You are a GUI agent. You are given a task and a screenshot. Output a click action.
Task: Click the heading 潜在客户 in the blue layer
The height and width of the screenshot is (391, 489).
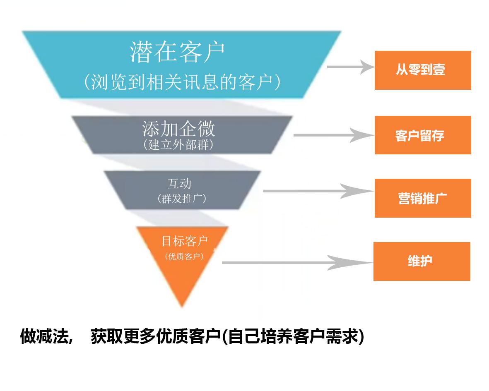(177, 52)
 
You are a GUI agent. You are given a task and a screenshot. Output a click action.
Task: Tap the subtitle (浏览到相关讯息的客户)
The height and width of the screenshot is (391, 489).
(182, 82)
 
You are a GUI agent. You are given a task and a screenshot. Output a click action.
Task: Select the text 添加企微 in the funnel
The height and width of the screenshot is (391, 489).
(178, 129)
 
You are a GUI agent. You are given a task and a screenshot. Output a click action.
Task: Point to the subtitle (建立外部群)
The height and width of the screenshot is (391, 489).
(178, 145)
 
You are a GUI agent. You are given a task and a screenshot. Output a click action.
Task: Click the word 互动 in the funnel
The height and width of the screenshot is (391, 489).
(179, 183)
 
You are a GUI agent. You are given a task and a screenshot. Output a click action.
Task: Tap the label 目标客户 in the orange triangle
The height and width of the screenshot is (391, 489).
(185, 241)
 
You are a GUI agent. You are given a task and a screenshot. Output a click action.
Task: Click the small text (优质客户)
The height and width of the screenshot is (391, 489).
(184, 257)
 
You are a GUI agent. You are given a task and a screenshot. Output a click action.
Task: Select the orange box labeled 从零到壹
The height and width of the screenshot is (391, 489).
(422, 70)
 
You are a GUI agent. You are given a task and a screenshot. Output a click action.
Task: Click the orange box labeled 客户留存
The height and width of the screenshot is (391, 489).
(422, 135)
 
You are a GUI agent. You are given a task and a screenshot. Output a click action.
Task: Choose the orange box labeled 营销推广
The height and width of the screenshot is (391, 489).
(422, 198)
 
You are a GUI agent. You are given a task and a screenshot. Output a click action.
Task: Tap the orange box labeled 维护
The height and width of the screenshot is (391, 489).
(422, 261)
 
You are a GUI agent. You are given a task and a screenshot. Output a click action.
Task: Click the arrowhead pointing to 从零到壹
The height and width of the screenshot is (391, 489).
(365, 67)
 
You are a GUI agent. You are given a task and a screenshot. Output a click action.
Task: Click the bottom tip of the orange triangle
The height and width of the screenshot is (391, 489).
(182, 305)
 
